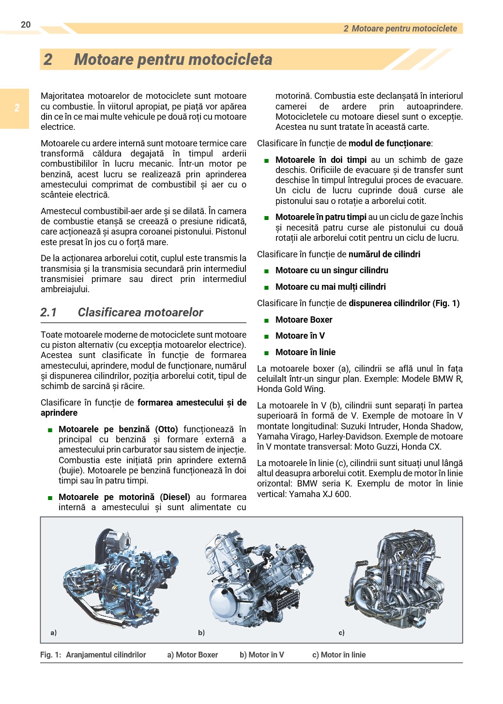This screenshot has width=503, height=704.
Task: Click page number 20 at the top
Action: (26, 25)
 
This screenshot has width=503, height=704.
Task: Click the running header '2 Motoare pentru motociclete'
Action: (400, 29)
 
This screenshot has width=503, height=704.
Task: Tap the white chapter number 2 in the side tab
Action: (17, 108)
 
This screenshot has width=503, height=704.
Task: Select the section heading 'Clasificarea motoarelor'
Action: (140, 313)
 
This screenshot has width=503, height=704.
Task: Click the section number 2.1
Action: (48, 313)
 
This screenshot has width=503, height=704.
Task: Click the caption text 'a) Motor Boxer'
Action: (193, 655)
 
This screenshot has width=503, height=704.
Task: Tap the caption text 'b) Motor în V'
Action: (262, 655)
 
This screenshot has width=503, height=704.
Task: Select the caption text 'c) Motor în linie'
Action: (339, 655)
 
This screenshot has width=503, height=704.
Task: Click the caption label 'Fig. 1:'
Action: (50, 655)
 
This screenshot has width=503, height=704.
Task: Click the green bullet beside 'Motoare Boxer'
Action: (266, 320)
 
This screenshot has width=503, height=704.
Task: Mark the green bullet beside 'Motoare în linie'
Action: (266, 353)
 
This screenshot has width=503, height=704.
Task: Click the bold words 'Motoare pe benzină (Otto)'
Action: (118, 429)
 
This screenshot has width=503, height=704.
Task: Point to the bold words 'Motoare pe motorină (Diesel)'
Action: (124, 497)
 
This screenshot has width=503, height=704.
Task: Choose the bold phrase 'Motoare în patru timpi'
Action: (320, 217)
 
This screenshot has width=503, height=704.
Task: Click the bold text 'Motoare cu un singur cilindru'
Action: (332, 270)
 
